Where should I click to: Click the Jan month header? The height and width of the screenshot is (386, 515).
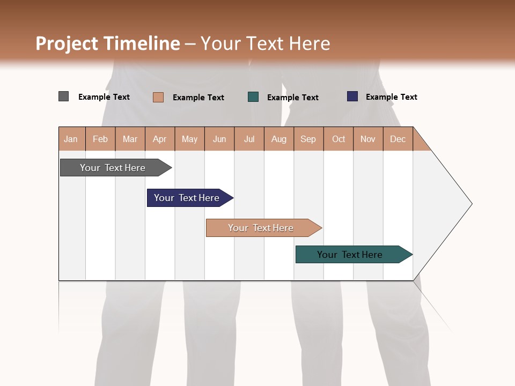(71, 139)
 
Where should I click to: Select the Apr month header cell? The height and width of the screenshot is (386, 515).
(160, 139)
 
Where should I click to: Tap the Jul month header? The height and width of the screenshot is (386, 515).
(249, 139)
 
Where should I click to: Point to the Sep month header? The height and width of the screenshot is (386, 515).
(308, 139)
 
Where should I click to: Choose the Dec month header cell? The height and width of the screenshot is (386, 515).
(398, 139)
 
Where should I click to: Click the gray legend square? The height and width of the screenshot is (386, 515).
(63, 96)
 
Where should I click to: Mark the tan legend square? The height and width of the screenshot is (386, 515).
(158, 97)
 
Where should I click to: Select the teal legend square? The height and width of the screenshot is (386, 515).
(253, 97)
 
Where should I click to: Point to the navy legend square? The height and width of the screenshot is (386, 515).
(352, 96)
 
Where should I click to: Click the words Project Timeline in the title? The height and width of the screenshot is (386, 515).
(108, 43)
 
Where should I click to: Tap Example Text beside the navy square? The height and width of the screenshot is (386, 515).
(392, 97)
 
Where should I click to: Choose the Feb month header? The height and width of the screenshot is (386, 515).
(100, 139)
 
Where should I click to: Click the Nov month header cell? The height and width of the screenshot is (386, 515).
(368, 139)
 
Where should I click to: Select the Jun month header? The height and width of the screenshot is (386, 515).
(219, 139)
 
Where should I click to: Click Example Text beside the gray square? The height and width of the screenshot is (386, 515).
(104, 97)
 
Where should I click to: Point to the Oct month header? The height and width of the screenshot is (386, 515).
(339, 139)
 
